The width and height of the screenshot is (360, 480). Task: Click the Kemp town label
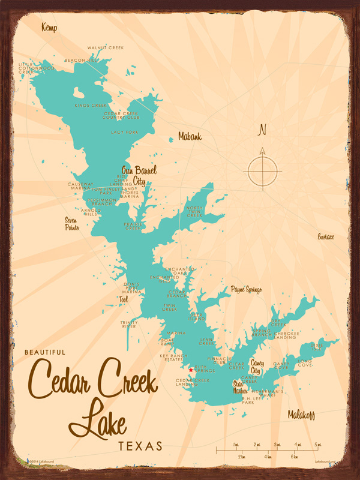pos(49,28)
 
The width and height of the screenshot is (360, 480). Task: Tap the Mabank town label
pos(190,137)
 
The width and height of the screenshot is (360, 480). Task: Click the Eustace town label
pos(326,237)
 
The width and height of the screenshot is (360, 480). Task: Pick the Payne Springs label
pos(246,290)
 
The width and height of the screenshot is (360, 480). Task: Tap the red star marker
pos(191,370)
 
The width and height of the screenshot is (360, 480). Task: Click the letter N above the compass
pos(261,130)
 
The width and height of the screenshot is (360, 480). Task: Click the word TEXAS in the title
pos(140,446)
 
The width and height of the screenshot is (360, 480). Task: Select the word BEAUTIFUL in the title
pos(45,352)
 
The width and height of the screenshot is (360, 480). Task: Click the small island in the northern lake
pos(79,93)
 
